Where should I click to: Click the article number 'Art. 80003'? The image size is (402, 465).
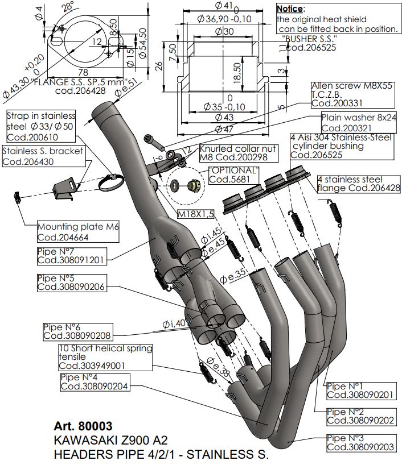pyautogui.click(x=84, y=426)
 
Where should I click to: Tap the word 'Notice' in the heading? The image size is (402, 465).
pyautogui.click(x=290, y=9)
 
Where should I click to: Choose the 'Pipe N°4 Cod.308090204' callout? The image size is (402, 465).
pyautogui.click(x=95, y=381)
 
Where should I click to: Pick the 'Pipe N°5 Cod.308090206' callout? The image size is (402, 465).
pyautogui.click(x=71, y=283)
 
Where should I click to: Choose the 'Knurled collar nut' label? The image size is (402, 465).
pyautogui.click(x=239, y=152)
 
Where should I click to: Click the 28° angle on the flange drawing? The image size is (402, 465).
pyautogui.click(x=68, y=6)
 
